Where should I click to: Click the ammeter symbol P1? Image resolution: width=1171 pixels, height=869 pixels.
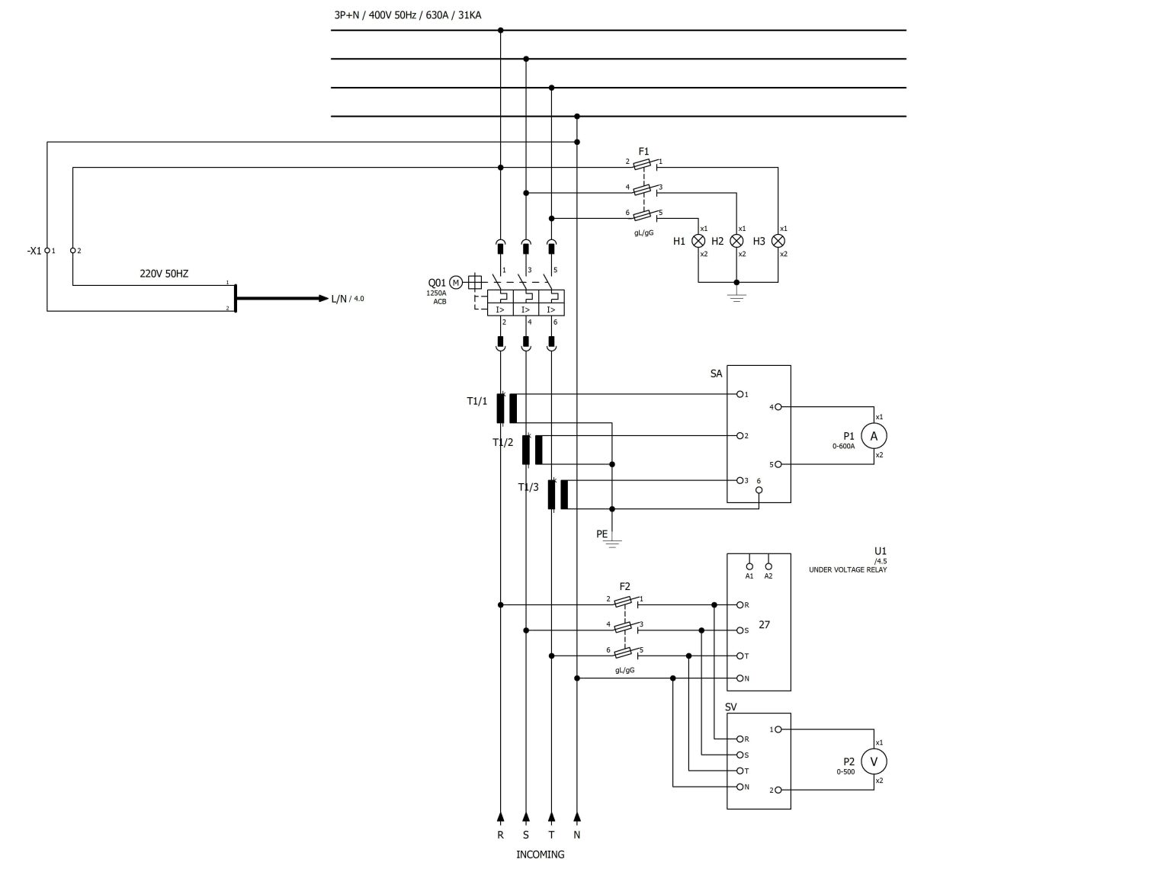click(x=873, y=436)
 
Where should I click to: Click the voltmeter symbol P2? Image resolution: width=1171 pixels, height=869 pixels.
click(x=873, y=762)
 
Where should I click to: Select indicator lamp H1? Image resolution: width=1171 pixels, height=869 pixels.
click(x=698, y=242)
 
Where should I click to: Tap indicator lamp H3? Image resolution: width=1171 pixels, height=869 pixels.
click(x=778, y=242)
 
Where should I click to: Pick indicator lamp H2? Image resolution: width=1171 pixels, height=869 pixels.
click(x=736, y=242)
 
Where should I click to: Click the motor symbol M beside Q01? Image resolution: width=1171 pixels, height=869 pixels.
click(x=456, y=283)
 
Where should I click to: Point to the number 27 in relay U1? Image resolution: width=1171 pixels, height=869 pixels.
click(x=764, y=624)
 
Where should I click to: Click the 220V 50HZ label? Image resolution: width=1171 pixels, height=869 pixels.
click(x=164, y=274)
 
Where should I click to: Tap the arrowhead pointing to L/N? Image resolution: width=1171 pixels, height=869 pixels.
click(x=324, y=298)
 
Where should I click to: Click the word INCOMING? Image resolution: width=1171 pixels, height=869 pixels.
click(x=540, y=855)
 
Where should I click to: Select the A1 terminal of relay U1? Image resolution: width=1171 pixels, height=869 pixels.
click(x=749, y=566)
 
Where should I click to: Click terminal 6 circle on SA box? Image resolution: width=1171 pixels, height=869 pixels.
click(x=759, y=490)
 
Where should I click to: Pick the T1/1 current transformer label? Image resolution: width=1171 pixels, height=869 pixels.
click(x=476, y=401)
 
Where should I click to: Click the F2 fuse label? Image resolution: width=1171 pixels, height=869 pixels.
click(x=624, y=586)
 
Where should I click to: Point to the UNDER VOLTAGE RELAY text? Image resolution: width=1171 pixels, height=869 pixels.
click(x=847, y=569)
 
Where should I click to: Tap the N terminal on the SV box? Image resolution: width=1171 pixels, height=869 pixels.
click(x=739, y=787)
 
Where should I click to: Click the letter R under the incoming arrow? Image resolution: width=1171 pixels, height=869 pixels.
click(x=500, y=835)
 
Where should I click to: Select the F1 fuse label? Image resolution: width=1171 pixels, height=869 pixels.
click(x=643, y=152)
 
